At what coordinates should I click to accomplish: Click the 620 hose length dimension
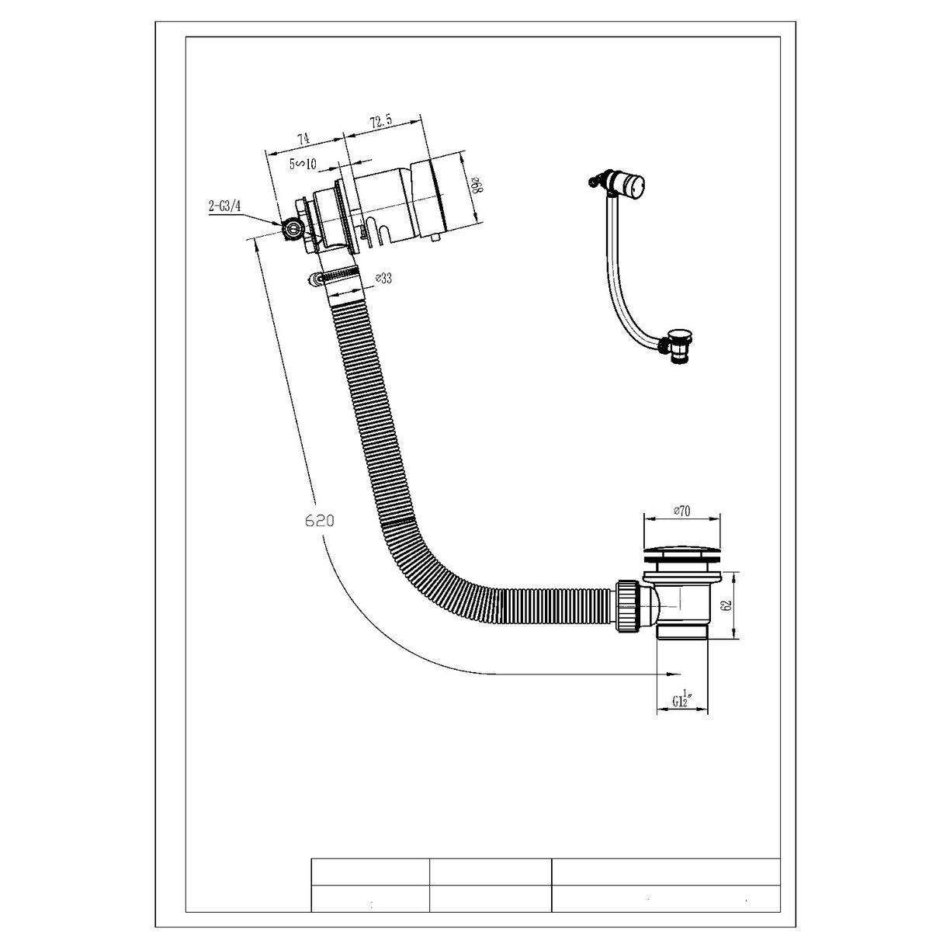pos(319,521)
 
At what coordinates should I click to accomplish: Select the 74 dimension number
pos(303,139)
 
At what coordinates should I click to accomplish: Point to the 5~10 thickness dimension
pos(303,164)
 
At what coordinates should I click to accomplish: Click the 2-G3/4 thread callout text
pos(224,206)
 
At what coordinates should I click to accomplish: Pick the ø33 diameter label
pos(382,278)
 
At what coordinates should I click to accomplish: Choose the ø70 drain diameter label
pos(681,510)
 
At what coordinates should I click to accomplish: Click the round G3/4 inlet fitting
pos(293,229)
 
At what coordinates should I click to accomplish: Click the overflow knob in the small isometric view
pos(636,186)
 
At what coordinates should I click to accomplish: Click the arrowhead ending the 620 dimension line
pos(678,673)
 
